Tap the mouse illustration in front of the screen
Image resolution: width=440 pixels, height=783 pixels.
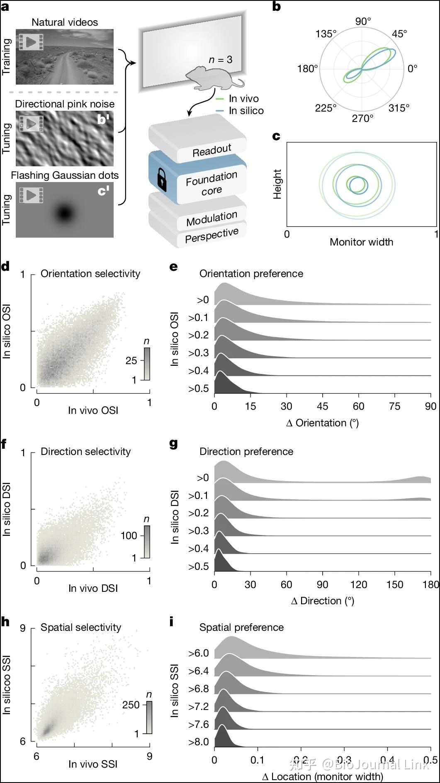coord(211,78)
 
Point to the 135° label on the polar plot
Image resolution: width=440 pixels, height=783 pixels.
coord(326,34)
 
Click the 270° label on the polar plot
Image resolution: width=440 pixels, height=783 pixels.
coord(362,119)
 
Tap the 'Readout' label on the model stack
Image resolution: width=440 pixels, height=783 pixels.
coord(212,150)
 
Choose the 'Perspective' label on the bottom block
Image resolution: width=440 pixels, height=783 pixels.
coord(211,235)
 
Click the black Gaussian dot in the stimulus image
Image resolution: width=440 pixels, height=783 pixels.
coord(64,214)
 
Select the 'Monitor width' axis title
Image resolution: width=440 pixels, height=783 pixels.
coord(361,242)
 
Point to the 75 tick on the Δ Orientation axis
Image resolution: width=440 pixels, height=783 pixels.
coord(394,406)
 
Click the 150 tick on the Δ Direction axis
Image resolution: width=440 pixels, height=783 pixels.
coord(394,584)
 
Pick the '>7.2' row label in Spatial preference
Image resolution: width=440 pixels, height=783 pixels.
coord(199,707)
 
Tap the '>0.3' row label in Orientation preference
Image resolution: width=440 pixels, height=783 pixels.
coord(199,353)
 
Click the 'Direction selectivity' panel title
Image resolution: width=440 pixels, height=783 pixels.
coord(85,452)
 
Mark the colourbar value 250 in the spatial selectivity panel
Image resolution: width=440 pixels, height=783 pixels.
coord(131,705)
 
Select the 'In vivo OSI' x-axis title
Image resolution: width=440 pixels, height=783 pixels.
coord(93,411)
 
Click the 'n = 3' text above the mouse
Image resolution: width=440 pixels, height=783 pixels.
coord(220,60)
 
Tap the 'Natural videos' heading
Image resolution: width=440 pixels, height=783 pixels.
coord(65,22)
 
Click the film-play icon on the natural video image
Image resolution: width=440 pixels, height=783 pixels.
coord(31,42)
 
